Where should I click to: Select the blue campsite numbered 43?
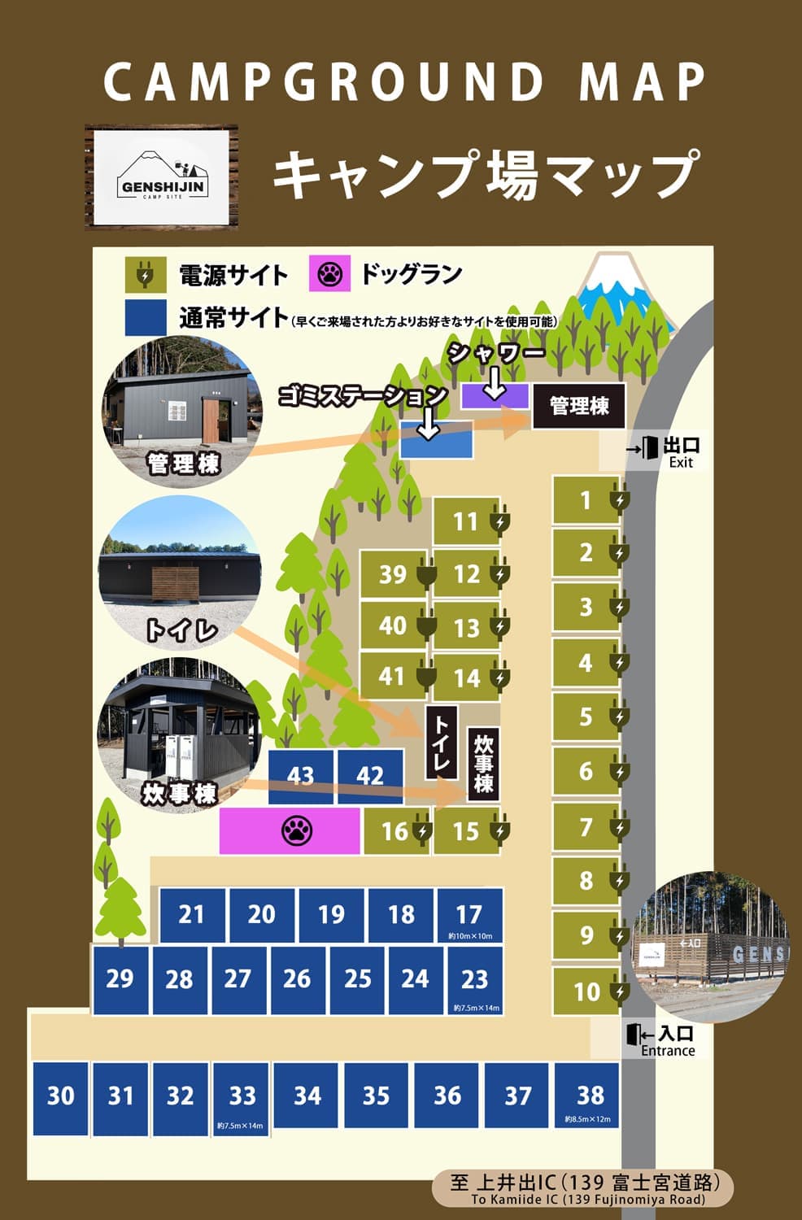pos(301,775)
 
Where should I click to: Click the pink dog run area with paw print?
pos(290,830)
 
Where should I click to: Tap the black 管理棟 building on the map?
pos(578,405)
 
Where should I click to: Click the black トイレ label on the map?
pos(440,743)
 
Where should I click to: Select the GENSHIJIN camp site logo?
pos(161,177)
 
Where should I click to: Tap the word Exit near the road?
pos(681,463)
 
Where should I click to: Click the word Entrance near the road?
pos(668,1051)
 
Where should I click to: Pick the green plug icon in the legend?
pos(144,275)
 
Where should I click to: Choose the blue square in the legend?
pos(146,316)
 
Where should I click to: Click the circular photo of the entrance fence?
pos(710,948)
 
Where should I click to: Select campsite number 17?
pos(469,915)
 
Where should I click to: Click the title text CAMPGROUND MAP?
pos(404,81)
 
